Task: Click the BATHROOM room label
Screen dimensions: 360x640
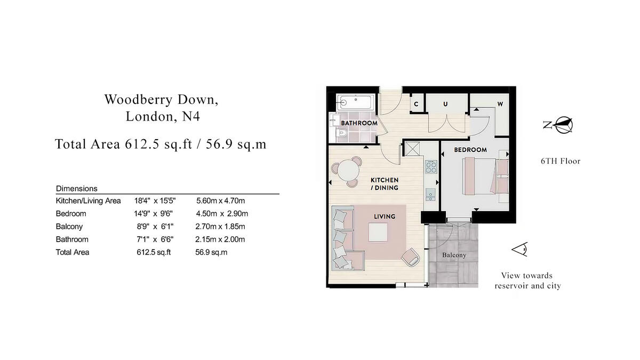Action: (x=359, y=123)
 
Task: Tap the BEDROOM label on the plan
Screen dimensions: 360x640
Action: (x=470, y=150)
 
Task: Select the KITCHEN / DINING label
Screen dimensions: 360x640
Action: (x=384, y=184)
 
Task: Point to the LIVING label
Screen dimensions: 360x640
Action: (x=384, y=217)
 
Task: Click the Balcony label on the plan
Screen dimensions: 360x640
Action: (x=454, y=255)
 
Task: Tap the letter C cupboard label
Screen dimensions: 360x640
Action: (x=416, y=104)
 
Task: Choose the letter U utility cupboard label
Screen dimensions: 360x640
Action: (x=445, y=104)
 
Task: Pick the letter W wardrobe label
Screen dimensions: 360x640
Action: (x=500, y=104)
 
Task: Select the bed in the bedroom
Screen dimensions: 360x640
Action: (x=480, y=176)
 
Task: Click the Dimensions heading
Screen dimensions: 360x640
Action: (x=76, y=189)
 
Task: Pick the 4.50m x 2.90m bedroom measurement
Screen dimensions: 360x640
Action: (x=222, y=214)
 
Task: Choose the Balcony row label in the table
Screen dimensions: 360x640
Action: (x=69, y=227)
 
